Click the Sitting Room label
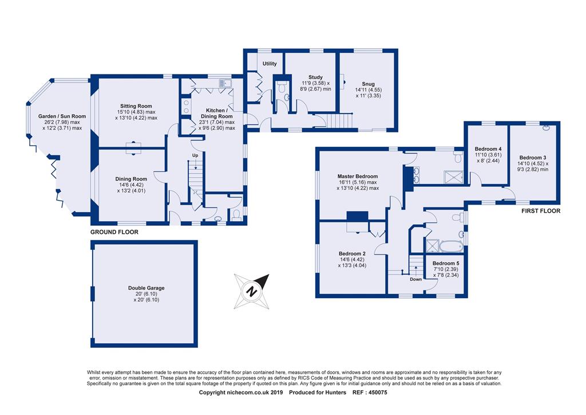coord(136,106)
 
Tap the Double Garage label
coord(146,288)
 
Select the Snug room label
coord(368,84)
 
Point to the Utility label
coord(270,64)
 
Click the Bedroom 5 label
coord(446,263)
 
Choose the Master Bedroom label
coord(358,176)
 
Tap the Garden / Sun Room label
coord(62,116)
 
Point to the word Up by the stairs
coord(195,155)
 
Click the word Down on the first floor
coord(415,279)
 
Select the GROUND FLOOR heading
coord(114,232)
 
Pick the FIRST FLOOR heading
coord(541,211)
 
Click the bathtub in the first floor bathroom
coord(452,246)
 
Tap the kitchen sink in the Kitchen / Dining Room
coord(225,83)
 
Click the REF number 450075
coord(378,393)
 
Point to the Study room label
coord(315,77)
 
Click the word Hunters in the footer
coord(336,393)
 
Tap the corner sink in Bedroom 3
coord(547,128)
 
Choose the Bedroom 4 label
coord(488,148)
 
